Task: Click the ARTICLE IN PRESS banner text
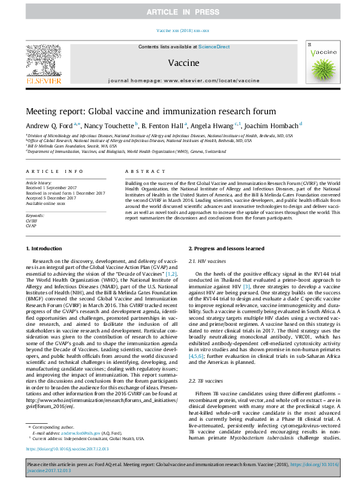click(x=180, y=12)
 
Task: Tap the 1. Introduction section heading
click(x=46, y=248)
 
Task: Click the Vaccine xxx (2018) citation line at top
click(x=183, y=30)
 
